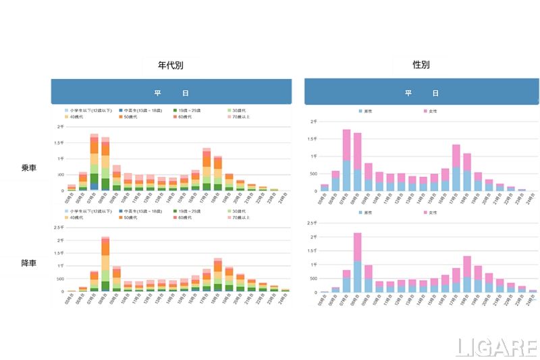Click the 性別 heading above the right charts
click(x=421, y=66)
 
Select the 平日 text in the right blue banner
click(x=421, y=93)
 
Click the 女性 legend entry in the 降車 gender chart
click(x=429, y=212)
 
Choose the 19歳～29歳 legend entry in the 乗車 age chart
click(x=184, y=109)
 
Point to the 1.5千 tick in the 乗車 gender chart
click(x=312, y=138)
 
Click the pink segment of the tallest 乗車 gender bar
click(x=346, y=145)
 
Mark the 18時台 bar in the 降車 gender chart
click(x=467, y=274)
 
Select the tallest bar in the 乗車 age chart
click(x=94, y=162)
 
